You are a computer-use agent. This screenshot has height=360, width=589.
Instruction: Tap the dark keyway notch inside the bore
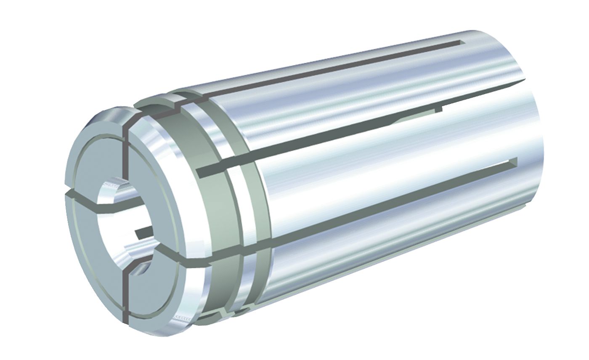pos(143,232)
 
